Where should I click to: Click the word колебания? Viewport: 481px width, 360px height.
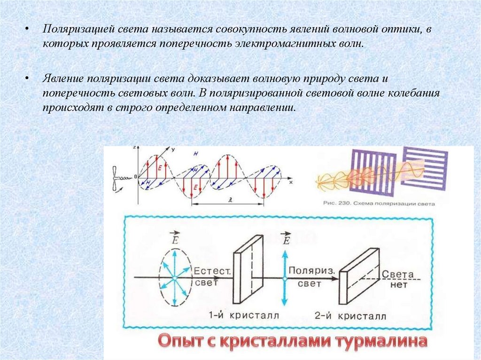click(x=414, y=92)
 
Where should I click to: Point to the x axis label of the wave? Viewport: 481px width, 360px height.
click(x=291, y=181)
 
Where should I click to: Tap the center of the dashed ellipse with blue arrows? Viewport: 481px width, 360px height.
click(x=174, y=278)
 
